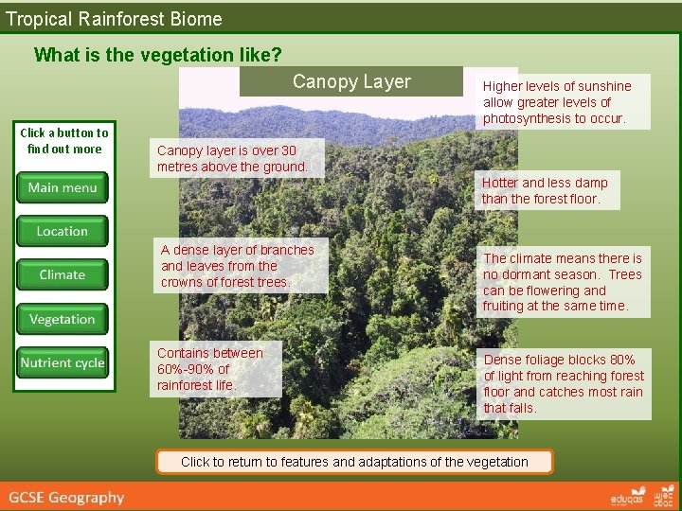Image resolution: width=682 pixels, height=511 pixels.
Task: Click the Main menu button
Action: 63,187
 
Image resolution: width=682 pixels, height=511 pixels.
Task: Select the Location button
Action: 63,231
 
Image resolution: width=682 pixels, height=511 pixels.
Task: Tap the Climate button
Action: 63,274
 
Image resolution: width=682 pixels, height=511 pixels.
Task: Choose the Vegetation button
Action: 63,319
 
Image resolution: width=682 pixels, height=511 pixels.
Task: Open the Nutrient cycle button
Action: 63,362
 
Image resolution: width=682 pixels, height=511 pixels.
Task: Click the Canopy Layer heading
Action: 351,81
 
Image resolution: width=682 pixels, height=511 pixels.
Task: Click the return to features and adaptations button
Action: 354,462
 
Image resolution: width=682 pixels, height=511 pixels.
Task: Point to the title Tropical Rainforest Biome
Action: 114,18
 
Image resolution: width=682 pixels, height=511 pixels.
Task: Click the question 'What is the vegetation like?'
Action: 157,55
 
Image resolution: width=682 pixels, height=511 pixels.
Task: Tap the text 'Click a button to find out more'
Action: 64,141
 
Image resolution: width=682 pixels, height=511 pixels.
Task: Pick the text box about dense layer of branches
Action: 238,266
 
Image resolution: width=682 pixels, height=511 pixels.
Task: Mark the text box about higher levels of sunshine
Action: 557,102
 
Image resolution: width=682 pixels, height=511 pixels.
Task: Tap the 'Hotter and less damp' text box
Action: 545,190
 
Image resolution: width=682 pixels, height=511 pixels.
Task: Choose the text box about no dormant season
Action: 563,282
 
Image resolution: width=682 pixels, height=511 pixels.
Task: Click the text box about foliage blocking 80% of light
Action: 564,384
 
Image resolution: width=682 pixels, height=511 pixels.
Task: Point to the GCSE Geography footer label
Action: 67,497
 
